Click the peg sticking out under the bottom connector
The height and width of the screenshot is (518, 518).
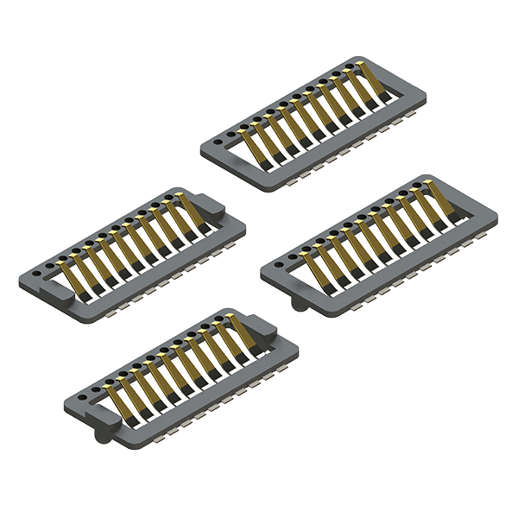pos(104,435)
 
